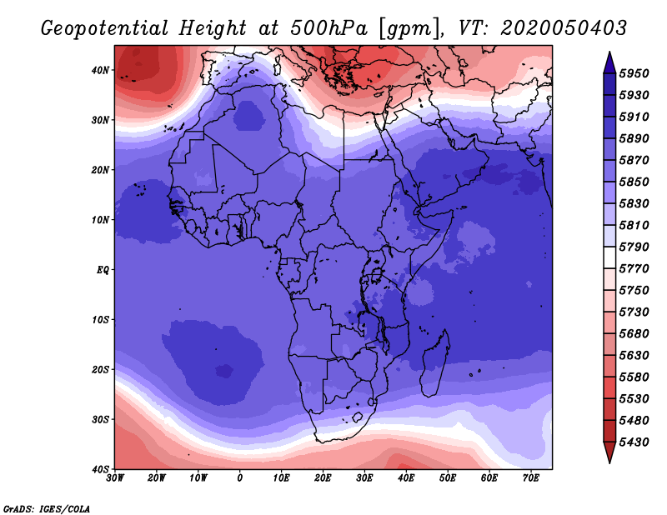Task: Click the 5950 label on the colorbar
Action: pyautogui.click(x=634, y=73)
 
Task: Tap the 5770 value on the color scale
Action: pyautogui.click(x=634, y=269)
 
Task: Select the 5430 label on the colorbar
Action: pyautogui.click(x=634, y=442)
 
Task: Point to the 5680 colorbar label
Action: pyautogui.click(x=634, y=334)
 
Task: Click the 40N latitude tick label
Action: pyautogui.click(x=100, y=70)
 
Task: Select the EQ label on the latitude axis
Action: pyautogui.click(x=103, y=270)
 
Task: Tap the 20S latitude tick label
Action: pyautogui.click(x=100, y=369)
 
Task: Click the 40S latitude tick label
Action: pyautogui.click(x=100, y=469)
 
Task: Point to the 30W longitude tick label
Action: pyautogui.click(x=115, y=478)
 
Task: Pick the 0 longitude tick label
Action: pyautogui.click(x=240, y=478)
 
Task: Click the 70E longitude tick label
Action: pyautogui.click(x=531, y=478)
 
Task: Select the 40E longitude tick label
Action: pyautogui.click(x=406, y=478)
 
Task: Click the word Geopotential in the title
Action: pyautogui.click(x=104, y=28)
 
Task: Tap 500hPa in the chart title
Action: pyautogui.click(x=328, y=28)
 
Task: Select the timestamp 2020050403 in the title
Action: pyautogui.click(x=564, y=28)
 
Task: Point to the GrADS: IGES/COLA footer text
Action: pyautogui.click(x=47, y=508)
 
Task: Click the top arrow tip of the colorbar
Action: pyautogui.click(x=609, y=52)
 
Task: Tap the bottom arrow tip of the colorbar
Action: pyautogui.click(x=609, y=463)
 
